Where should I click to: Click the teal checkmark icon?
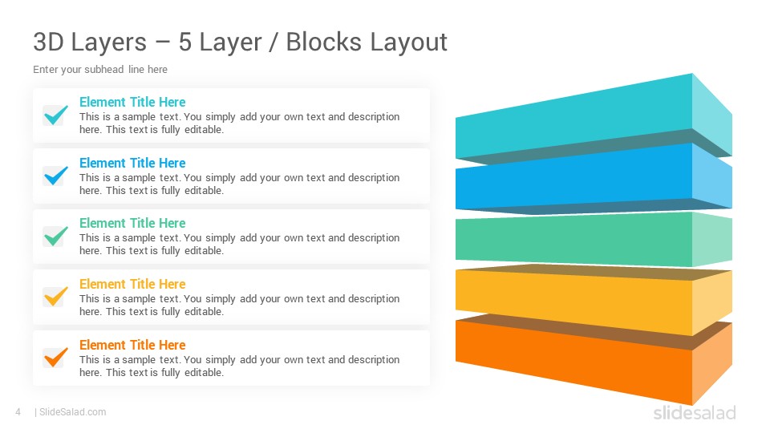55,115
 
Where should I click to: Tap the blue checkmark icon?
55,176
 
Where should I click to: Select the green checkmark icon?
55,236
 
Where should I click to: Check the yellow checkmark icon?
55,297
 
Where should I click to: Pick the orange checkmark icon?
55,358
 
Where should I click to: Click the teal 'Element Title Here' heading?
132,102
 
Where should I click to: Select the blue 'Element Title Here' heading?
132,163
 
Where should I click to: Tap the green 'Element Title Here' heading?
132,224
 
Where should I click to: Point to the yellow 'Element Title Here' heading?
132,284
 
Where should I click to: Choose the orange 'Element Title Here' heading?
132,345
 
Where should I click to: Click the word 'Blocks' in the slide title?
323,42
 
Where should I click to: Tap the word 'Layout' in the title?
408,42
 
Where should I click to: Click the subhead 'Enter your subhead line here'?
100,70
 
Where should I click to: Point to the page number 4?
18,412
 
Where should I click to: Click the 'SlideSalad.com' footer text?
73,412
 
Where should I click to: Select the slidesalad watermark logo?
695,412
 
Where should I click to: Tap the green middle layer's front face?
573,239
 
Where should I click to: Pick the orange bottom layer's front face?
573,362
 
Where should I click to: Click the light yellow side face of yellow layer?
712,302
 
